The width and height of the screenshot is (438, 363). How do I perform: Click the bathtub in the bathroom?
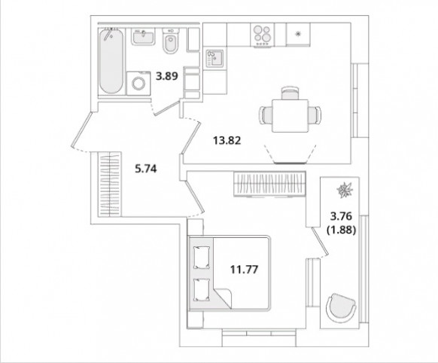111,61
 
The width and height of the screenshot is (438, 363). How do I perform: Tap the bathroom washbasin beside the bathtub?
143,37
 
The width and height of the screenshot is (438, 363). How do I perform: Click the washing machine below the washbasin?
138,84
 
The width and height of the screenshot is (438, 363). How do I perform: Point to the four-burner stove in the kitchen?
263,35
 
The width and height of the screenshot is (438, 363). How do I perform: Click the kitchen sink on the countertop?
214,59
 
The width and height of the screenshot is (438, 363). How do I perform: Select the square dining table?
290,116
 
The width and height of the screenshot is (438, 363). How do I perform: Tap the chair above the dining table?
290,93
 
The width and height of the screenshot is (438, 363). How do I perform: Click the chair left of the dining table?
266,115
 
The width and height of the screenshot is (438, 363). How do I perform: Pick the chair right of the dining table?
315,115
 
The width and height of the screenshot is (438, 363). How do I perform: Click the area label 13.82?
227,140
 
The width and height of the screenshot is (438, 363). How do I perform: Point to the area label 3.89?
167,76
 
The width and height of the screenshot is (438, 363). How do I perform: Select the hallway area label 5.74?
146,169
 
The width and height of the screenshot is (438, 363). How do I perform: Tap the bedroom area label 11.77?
244,270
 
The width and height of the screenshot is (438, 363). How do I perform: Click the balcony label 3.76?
341,216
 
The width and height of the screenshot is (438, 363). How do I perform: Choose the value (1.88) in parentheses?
342,230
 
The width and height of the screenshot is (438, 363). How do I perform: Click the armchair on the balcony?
341,308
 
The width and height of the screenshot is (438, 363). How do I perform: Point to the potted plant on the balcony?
345,190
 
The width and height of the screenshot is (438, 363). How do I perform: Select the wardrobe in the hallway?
110,185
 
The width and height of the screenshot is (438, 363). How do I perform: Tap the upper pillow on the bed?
202,258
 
